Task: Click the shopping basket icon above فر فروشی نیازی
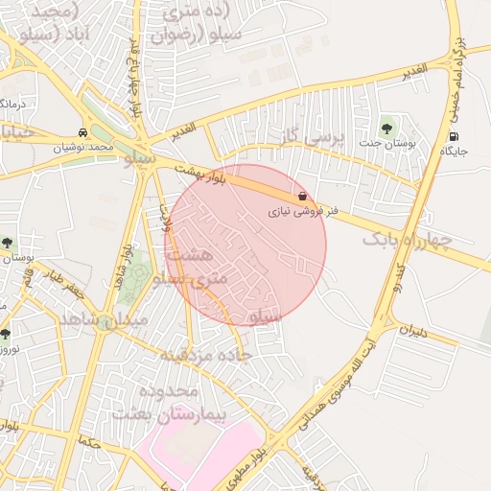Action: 303,196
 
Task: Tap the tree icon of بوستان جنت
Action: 386,127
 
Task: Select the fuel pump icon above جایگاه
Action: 453,136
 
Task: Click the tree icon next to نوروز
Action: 6,334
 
